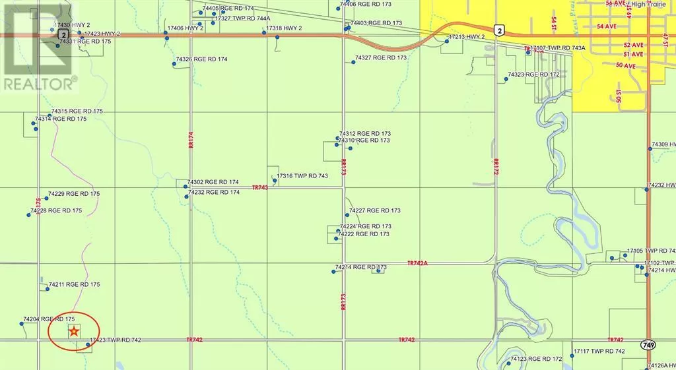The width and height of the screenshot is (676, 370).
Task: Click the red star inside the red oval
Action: coord(75,331)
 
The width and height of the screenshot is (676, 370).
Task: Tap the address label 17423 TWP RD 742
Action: coord(116,340)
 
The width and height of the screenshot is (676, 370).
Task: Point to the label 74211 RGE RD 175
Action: coord(74,285)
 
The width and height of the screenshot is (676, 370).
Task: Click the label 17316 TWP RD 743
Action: coord(302,176)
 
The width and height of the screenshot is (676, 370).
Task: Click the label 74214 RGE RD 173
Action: coord(360,267)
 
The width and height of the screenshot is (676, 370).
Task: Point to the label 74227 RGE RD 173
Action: coord(374,210)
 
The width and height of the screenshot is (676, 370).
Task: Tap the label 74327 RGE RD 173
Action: coord(381,58)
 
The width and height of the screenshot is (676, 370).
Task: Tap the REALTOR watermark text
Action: coord(40,83)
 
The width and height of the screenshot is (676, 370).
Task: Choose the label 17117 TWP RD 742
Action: coord(599,351)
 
